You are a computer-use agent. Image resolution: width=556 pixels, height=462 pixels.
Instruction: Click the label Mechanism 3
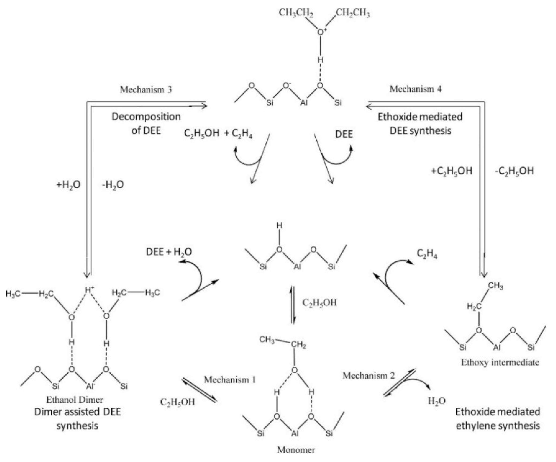[146, 90]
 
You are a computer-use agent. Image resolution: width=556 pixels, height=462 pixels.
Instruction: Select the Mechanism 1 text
[230, 380]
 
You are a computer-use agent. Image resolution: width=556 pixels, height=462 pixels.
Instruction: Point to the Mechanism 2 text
[368, 376]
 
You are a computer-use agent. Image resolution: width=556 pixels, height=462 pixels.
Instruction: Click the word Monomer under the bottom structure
[296, 450]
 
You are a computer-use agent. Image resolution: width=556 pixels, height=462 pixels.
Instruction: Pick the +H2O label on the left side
[68, 185]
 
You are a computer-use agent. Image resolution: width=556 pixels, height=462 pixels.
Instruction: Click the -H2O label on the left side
[113, 185]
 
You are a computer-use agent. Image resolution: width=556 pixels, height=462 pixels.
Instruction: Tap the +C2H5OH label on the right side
[452, 171]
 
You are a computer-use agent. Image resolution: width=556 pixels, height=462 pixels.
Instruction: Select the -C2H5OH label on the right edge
[514, 171]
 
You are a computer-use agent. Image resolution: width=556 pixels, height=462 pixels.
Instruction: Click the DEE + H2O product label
[169, 252]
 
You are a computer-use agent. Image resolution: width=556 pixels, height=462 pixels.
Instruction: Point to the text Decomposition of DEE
[146, 124]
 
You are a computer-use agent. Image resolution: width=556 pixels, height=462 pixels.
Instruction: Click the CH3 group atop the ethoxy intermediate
[495, 286]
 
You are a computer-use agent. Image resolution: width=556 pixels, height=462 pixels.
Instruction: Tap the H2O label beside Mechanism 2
[437, 401]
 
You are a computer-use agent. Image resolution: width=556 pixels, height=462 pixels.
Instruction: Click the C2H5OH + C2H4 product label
[218, 134]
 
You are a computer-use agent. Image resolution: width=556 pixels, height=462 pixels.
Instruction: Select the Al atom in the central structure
[297, 267]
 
